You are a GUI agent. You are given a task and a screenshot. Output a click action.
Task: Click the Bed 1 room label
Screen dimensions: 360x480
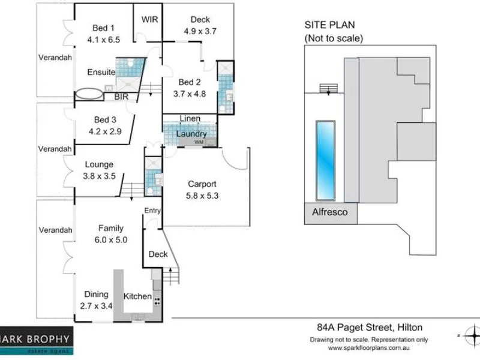pos(103,28)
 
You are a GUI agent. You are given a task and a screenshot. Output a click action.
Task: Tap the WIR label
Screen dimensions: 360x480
pos(149,19)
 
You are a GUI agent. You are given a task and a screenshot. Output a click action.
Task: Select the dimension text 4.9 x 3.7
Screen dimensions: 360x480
pos(200,31)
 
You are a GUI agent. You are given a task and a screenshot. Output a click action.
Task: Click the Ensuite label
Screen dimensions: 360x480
pos(101,72)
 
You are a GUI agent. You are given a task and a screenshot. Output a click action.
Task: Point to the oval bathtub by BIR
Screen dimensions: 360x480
pos(89,95)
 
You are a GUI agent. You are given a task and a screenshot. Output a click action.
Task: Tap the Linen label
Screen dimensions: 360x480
pos(190,119)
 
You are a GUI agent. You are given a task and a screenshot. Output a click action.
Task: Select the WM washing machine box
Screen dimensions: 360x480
pos(199,142)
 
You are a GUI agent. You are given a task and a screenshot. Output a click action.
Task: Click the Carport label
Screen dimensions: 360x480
pos(202,184)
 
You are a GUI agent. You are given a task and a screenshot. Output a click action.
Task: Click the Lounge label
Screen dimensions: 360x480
pos(99,164)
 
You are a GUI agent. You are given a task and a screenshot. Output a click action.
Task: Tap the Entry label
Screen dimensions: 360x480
pos(152,210)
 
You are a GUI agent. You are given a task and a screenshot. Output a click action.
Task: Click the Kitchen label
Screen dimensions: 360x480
pos(137,296)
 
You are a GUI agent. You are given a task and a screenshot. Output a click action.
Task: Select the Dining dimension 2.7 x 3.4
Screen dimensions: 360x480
pos(97,305)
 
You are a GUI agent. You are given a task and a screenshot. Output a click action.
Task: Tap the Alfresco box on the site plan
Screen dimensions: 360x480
pos(330,212)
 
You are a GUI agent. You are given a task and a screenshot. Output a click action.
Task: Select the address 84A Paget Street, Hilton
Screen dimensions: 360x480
pos(369,328)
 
